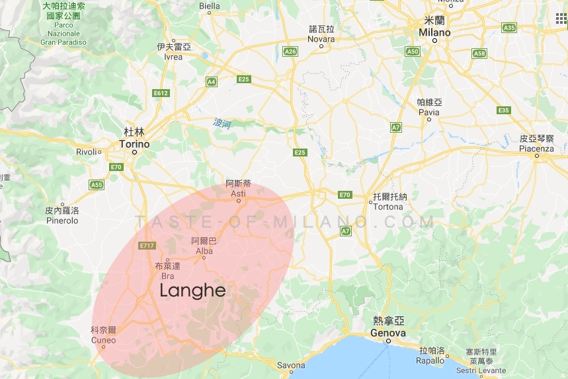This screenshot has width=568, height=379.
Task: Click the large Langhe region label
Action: [x=193, y=291]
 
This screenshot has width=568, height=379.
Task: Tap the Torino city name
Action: [x=135, y=144]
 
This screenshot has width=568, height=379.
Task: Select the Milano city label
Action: [x=434, y=32]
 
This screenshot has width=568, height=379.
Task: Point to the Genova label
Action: [x=389, y=333]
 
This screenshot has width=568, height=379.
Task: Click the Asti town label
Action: [x=238, y=193]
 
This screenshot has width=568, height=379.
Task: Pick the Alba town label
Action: [x=204, y=251]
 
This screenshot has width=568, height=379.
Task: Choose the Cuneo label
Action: [x=104, y=341]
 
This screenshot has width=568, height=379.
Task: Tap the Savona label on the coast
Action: [x=291, y=365]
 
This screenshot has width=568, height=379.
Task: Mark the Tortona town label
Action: [x=388, y=207]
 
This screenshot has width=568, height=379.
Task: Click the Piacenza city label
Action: [x=536, y=149]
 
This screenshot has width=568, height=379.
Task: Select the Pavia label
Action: [x=429, y=112]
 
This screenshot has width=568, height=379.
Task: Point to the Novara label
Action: [x=321, y=39]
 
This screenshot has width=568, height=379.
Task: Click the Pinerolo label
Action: [x=61, y=221]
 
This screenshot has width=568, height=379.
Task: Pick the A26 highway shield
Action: [x=290, y=51]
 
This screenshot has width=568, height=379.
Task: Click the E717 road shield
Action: [x=147, y=246]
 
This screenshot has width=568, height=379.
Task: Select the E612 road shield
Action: [x=161, y=93]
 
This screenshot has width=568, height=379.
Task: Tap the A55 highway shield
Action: [x=97, y=185]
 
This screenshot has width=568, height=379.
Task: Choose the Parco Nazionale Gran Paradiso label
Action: [x=63, y=33]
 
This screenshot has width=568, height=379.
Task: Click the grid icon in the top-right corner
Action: [x=561, y=18]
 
